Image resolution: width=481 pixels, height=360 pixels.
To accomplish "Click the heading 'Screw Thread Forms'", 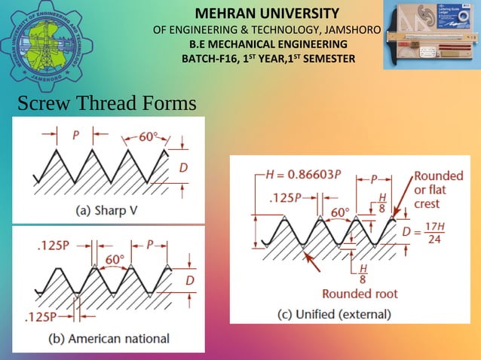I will [106, 103].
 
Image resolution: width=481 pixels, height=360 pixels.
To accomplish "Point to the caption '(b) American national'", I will [109, 338].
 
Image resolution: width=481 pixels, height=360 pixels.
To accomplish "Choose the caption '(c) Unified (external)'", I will [334, 313].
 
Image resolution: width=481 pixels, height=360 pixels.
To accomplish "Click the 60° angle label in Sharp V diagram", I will [148, 137].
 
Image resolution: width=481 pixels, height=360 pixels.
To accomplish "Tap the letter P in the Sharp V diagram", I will [76, 136].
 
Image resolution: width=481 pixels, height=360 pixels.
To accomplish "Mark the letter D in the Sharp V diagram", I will [183, 167].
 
